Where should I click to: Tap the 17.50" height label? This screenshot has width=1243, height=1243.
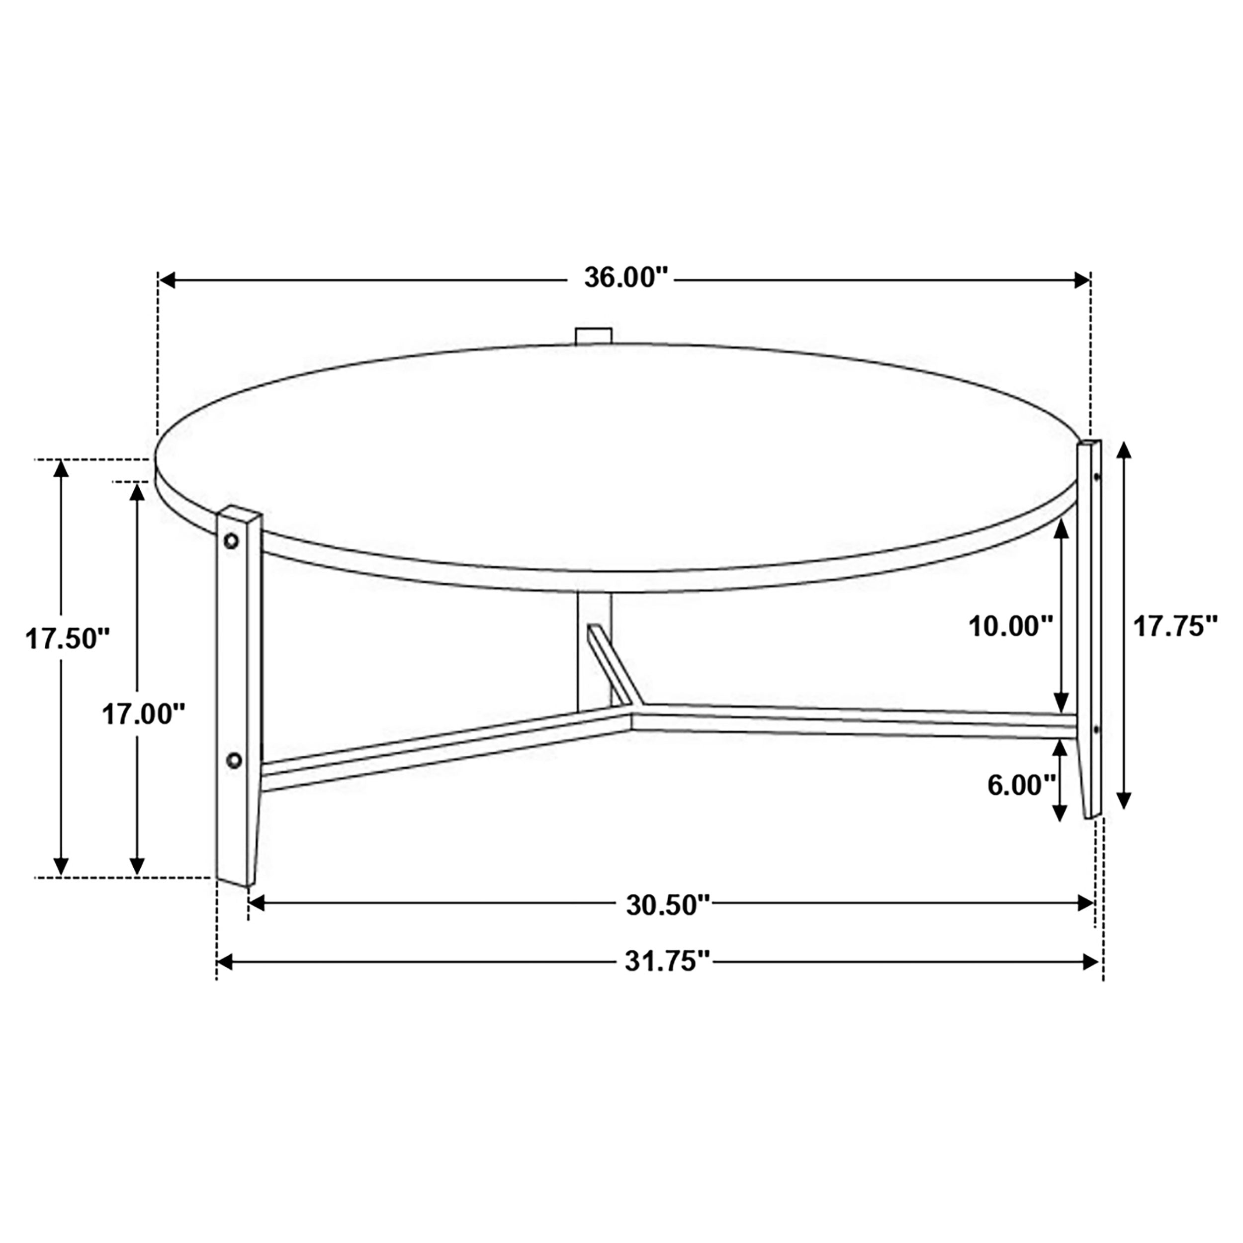(x=67, y=639)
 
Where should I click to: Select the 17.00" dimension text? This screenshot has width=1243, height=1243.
(x=144, y=714)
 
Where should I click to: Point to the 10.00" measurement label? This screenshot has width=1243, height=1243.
(x=1010, y=626)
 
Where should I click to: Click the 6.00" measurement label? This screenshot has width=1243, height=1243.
(x=1022, y=786)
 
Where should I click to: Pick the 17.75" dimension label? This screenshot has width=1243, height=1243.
(x=1175, y=626)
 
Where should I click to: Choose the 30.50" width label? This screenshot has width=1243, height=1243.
(x=667, y=905)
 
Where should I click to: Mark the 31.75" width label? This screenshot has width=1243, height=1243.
(x=667, y=962)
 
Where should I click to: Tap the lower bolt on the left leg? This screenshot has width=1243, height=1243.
(x=234, y=761)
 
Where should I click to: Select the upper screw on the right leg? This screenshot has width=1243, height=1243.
(x=1097, y=477)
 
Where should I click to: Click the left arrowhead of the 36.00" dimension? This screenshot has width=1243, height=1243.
(x=167, y=280)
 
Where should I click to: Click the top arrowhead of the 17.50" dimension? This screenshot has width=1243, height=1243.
(x=61, y=469)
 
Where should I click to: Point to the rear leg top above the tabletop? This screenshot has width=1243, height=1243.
(x=593, y=336)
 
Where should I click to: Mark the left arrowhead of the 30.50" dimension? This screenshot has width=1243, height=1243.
(x=257, y=904)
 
